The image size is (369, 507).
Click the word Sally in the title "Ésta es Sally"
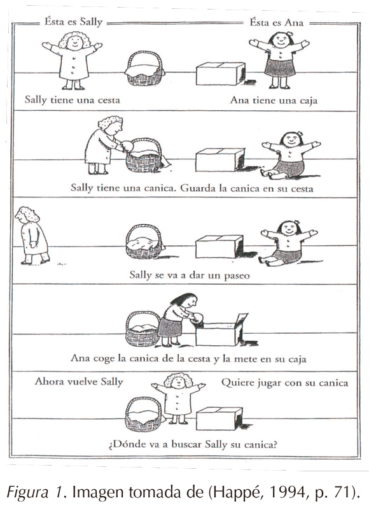[x=91, y=23]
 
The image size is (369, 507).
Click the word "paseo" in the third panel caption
[x=237, y=276]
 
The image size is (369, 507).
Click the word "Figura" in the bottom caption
[x=27, y=494]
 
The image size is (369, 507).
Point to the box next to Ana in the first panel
[x=221, y=74]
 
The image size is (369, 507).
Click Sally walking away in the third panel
[x=32, y=236]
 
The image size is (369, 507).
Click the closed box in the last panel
[x=219, y=418]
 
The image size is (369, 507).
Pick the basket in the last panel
[x=144, y=415]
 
